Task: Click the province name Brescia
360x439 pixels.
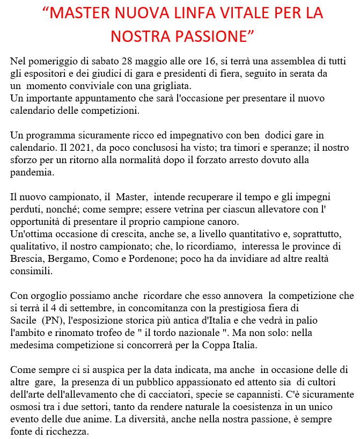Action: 27,259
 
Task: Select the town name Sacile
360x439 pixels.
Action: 23,320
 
